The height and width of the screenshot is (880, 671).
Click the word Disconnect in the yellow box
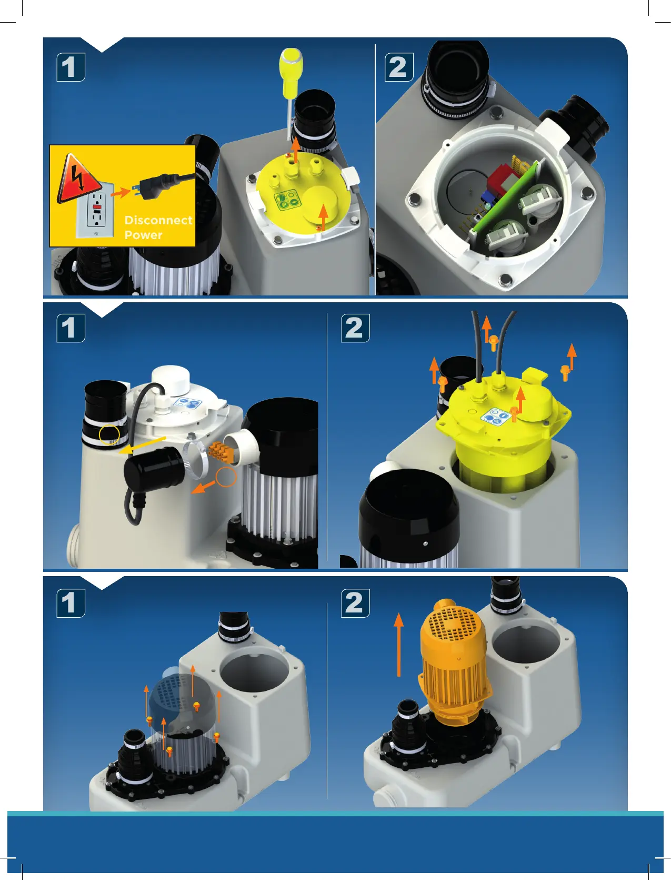158,220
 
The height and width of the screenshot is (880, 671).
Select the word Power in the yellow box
143,234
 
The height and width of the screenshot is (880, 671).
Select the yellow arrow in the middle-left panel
143,446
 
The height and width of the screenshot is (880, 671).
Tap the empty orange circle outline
226,476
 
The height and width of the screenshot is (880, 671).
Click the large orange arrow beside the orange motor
398,644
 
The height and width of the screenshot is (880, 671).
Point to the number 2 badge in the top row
399,67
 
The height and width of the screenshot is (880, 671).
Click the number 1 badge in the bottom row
71,603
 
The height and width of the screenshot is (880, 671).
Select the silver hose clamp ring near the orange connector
195,459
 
